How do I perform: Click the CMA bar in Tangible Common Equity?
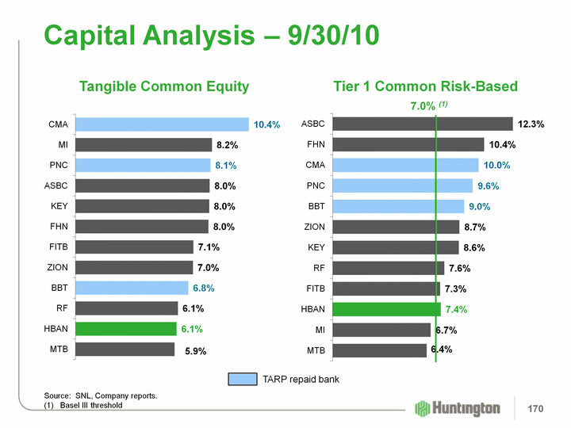162,124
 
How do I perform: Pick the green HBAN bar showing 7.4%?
386,309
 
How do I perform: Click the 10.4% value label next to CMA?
267,125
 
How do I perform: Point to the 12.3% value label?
531,124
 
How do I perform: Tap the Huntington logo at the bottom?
458,408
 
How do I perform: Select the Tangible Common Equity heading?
163,86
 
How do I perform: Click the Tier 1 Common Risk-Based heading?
425,86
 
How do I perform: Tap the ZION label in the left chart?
58,267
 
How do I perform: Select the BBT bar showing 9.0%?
398,206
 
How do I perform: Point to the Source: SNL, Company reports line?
100,395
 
